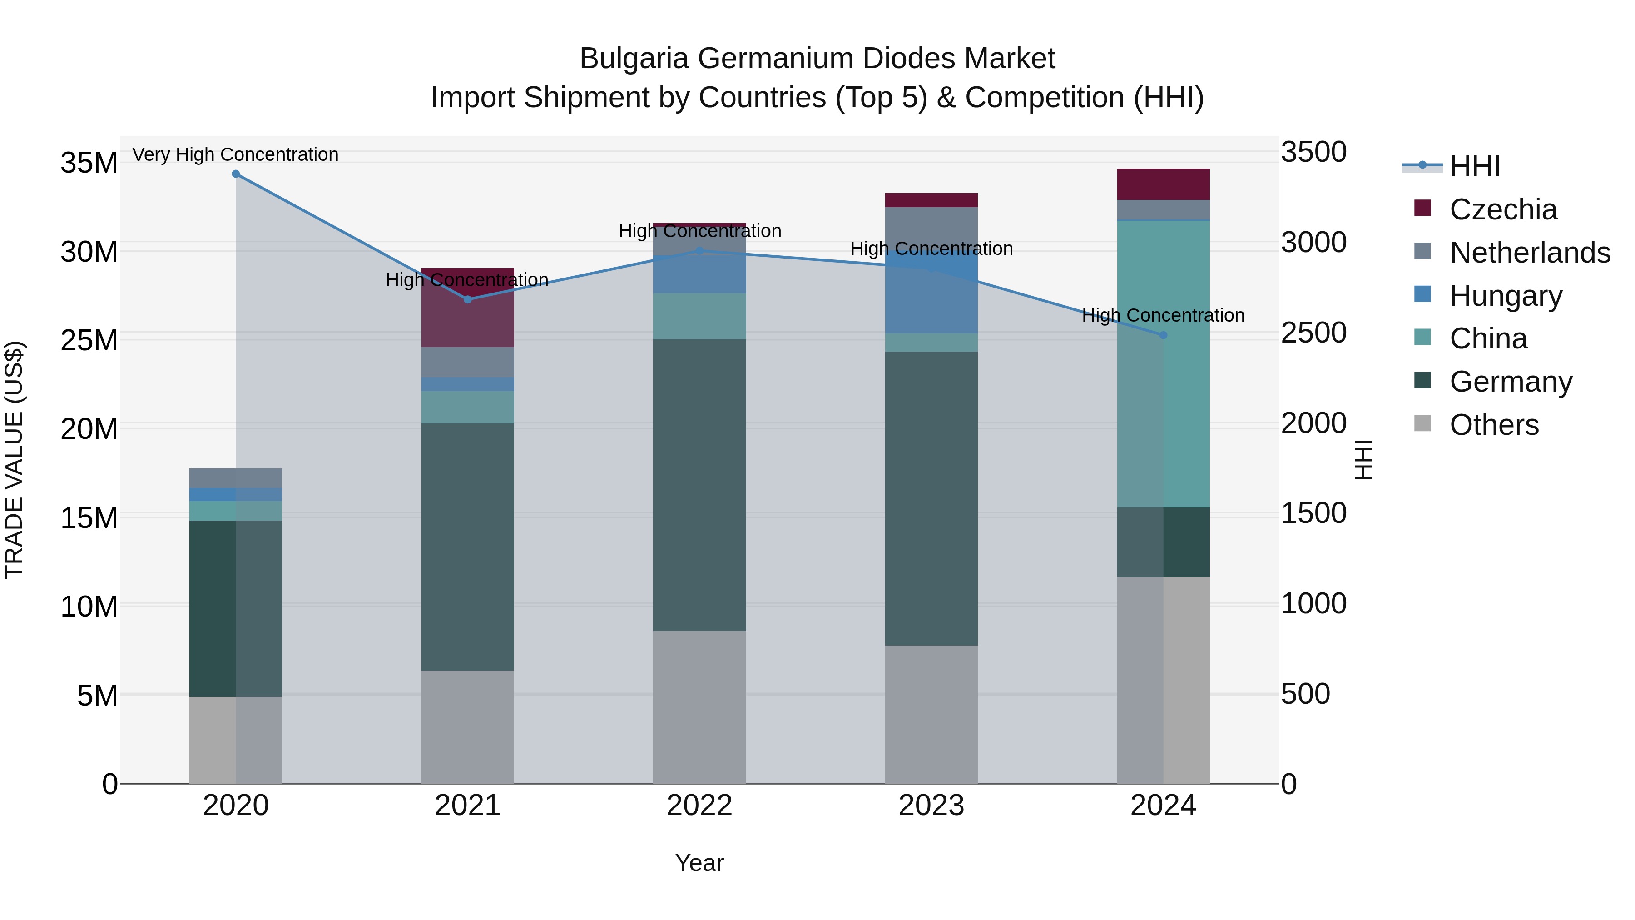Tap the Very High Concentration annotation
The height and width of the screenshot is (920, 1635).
tap(235, 155)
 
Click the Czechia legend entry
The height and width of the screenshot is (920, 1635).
tap(1502, 209)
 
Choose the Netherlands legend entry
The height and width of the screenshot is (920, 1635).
tap(1530, 253)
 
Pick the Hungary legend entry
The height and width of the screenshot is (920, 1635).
tap(1506, 296)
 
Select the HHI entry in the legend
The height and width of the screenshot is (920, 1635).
tap(1474, 166)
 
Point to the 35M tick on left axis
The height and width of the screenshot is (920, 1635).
tap(89, 163)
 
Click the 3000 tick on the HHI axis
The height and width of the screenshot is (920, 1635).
tap(1313, 243)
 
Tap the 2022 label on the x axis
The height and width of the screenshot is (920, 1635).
tap(699, 806)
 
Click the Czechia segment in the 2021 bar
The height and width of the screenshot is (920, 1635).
tap(467, 308)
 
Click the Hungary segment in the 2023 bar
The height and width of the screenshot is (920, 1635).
tap(931, 293)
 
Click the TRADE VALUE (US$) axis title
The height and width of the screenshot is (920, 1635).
tap(14, 460)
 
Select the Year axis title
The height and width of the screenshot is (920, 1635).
tap(699, 864)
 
